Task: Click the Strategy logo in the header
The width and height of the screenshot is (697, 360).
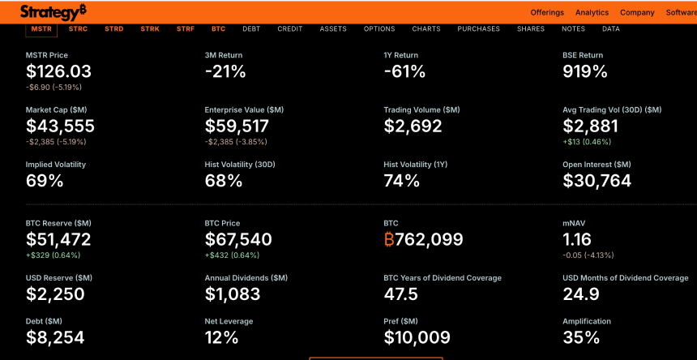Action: pos(53,12)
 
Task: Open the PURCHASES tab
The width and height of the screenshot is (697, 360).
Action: pos(478,29)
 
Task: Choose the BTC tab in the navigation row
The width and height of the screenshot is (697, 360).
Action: pos(218,29)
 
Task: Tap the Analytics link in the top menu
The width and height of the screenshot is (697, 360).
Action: pos(592,13)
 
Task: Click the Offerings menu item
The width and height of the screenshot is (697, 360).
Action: pos(547,13)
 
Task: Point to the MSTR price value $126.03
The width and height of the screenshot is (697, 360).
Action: pos(58,71)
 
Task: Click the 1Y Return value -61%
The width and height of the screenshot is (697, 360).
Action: pos(404,71)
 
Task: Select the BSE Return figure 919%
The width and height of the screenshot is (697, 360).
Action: pos(585,71)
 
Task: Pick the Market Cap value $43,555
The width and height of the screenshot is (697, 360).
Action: pos(60,126)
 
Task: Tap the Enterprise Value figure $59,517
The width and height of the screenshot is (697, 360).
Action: pos(237,126)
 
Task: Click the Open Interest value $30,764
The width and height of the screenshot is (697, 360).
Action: pos(597,181)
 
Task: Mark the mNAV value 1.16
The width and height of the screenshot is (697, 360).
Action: pos(577,239)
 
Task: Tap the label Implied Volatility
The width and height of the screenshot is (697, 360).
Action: pos(56,165)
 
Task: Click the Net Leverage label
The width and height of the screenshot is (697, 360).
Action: pos(229,322)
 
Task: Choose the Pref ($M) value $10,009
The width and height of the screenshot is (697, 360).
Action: pos(417,337)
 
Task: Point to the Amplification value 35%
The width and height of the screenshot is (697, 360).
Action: pos(581,337)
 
